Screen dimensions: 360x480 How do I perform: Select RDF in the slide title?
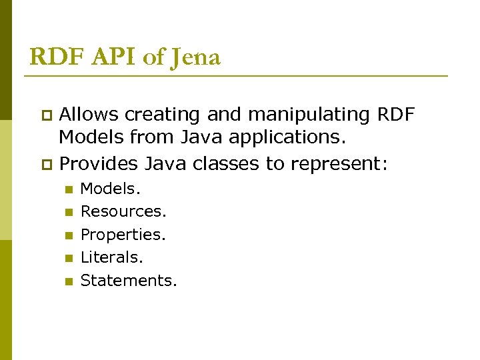pos(54,58)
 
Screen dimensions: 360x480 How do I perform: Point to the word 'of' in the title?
pos(153,58)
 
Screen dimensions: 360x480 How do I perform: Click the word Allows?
pos(89,115)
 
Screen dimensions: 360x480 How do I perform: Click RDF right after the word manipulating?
pos(395,115)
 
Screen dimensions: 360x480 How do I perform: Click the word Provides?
pos(99,163)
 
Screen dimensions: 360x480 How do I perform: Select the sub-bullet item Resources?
pos(123,212)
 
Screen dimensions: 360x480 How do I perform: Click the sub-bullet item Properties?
pos(123,235)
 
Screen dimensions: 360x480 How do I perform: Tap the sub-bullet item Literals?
pos(112,257)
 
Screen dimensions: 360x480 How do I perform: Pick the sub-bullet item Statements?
pos(129,281)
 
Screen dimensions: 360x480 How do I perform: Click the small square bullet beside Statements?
pos(67,281)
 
